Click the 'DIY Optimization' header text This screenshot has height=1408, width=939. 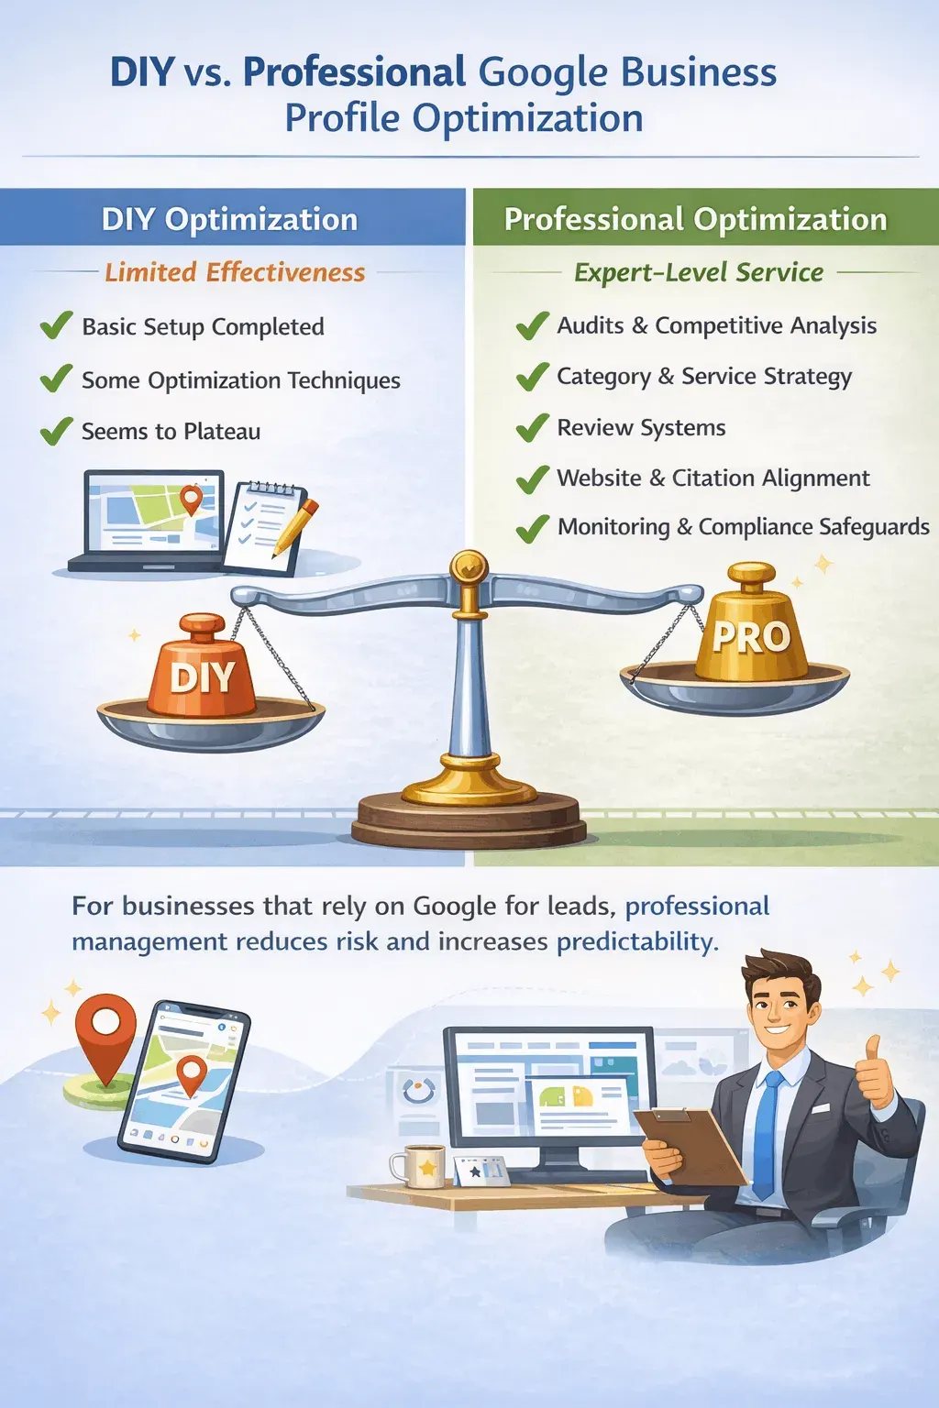point(229,219)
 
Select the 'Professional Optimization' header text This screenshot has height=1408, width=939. point(696,219)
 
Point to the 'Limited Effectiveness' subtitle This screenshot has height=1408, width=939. point(235,272)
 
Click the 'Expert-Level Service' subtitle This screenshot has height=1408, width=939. point(699,272)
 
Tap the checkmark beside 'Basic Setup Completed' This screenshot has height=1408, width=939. point(57,325)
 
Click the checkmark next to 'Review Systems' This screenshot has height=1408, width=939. point(532,428)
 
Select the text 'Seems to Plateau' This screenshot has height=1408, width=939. point(171,431)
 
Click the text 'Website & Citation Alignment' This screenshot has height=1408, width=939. point(713,478)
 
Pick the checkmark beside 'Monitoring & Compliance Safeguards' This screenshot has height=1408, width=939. point(532,528)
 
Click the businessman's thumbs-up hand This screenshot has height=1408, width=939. point(872,1072)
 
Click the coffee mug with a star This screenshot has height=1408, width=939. point(420,1166)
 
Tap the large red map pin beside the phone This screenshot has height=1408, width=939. point(105,1036)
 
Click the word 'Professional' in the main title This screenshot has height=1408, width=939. point(354,71)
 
